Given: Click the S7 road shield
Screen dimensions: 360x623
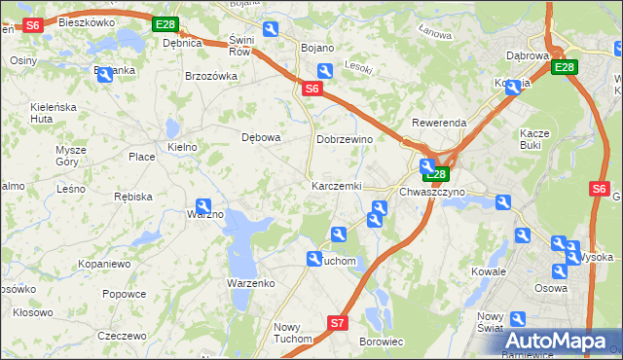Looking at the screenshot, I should [337, 322].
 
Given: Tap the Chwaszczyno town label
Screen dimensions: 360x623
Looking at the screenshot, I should [432, 192].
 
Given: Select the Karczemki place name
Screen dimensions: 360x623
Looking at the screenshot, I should [336, 185].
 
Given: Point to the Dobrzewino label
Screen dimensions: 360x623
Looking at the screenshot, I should [345, 139].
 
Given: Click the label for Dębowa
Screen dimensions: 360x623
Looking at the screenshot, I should [261, 137].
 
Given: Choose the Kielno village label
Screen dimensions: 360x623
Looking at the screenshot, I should [182, 147].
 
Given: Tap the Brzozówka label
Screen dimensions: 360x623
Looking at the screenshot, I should [211, 76].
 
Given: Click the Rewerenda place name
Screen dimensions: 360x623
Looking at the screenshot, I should [439, 124].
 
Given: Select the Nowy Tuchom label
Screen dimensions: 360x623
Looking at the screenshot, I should [292, 333].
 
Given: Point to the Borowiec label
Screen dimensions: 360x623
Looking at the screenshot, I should [382, 342].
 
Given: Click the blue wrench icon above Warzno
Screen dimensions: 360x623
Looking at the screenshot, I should [203, 205].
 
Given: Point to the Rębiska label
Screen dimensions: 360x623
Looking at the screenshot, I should [132, 196].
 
